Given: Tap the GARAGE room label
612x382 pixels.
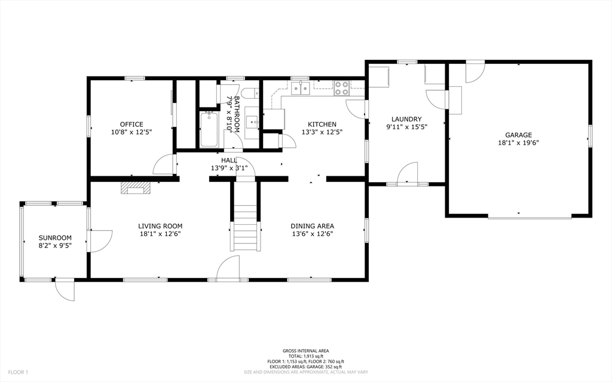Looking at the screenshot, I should pyautogui.click(x=518, y=135).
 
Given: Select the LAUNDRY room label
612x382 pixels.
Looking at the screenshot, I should pyautogui.click(x=406, y=119).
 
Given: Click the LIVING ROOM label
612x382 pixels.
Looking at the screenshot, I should pyautogui.click(x=160, y=226).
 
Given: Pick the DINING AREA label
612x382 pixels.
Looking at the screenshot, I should pyautogui.click(x=312, y=226).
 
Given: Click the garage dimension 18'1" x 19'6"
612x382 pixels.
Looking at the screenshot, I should pyautogui.click(x=518, y=143).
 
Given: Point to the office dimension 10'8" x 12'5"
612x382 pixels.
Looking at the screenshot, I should pyautogui.click(x=131, y=132).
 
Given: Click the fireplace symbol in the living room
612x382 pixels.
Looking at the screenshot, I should pyautogui.click(x=136, y=189).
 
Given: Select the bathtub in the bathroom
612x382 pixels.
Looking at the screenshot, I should pyautogui.click(x=209, y=129).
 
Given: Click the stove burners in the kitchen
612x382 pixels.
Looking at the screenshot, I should pyautogui.click(x=342, y=88).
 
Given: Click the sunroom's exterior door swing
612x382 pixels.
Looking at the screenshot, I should pyautogui.click(x=64, y=290).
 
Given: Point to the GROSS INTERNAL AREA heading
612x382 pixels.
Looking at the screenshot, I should pyautogui.click(x=305, y=351).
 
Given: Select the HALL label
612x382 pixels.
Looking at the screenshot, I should pyautogui.click(x=229, y=160).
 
